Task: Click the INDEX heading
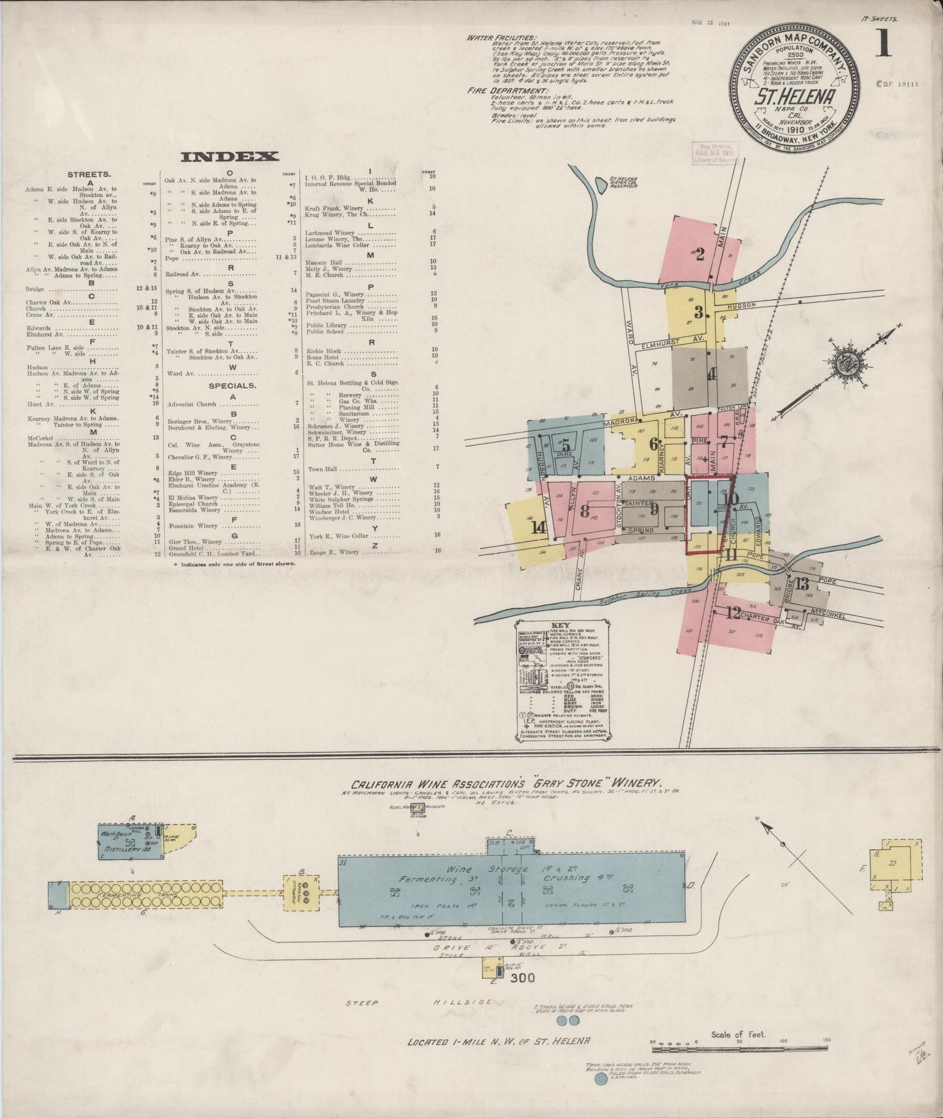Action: tap(229, 157)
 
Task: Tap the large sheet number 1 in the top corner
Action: tap(884, 44)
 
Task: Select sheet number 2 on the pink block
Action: tap(700, 255)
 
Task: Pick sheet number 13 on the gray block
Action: tap(802, 583)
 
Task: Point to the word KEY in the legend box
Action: tap(561, 624)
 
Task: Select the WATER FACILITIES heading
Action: tap(501, 38)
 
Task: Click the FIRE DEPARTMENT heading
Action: tap(502, 91)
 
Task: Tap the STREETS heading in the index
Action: tap(89, 175)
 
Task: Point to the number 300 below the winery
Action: tap(522, 978)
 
